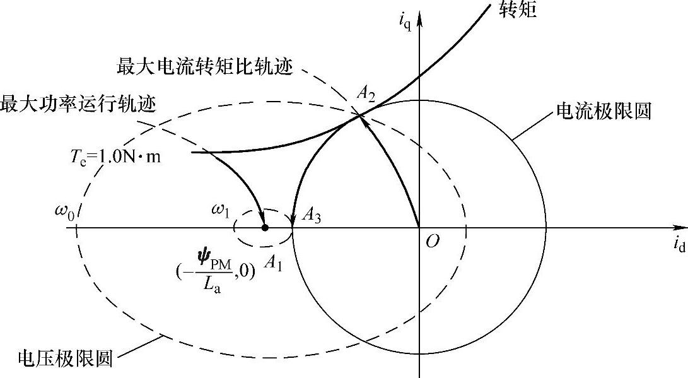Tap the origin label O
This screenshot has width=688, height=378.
click(433, 242)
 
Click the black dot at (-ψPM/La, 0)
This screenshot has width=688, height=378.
click(265, 227)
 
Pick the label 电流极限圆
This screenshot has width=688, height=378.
click(603, 112)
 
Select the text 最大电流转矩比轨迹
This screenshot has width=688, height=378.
click(205, 66)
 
